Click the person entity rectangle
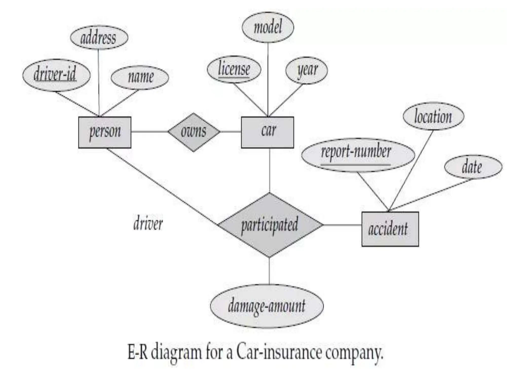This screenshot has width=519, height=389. [105, 132]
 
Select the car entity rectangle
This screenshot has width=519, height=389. [267, 132]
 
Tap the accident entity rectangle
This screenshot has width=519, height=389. [390, 229]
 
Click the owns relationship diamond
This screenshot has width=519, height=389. [194, 132]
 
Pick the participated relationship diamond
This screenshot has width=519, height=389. [270, 225]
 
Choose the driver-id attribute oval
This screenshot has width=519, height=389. [56, 75]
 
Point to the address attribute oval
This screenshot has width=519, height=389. [99, 37]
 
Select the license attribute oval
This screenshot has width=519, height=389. [234, 70]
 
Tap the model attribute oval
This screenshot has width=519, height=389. [268, 27]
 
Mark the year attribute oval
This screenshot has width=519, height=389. [306, 70]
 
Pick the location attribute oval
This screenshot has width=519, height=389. [433, 116]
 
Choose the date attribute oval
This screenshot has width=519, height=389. [473, 167]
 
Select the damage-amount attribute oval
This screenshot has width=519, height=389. [267, 306]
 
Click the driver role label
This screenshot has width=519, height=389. [148, 224]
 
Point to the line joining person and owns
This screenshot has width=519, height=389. [150, 132]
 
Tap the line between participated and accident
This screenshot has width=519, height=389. [342, 225]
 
